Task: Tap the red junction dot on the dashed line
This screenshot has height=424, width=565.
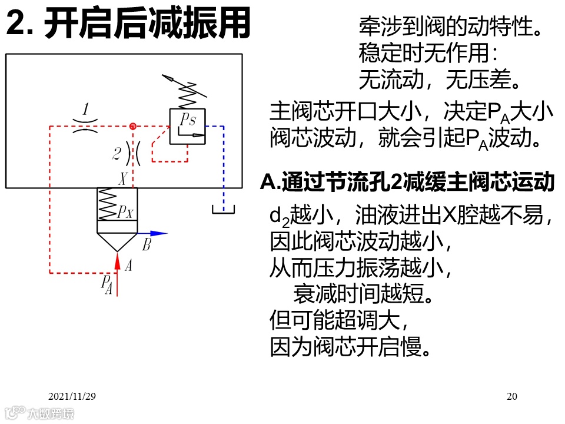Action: point(133,126)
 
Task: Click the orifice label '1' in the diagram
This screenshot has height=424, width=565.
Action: point(86,110)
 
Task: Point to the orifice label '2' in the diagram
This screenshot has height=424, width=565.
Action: point(117,154)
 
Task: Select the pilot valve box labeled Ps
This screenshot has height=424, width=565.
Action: point(187,126)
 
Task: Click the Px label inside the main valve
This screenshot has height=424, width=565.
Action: point(124,211)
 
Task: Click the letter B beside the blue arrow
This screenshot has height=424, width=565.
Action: point(147,246)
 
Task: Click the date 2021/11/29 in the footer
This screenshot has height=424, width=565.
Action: point(72,396)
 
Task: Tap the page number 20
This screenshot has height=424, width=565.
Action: point(511,396)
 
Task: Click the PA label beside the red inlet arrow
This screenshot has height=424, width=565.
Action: point(107,283)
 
